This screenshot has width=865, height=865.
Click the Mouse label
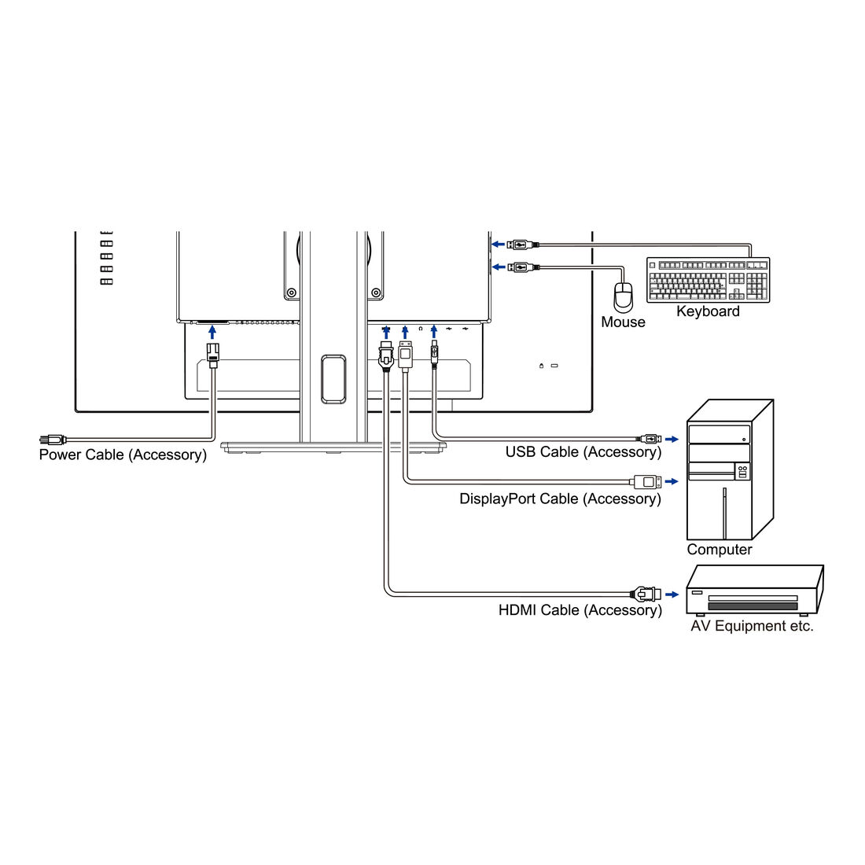623,322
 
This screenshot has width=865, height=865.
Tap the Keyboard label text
708,311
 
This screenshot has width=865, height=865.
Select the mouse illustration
624,296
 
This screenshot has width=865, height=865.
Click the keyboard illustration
708,280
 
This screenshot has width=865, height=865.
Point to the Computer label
719,550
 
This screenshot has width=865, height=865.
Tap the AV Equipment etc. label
752,626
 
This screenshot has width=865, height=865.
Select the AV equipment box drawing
753,591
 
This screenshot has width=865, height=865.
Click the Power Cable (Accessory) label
123,455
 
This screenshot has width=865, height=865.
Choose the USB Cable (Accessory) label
583,451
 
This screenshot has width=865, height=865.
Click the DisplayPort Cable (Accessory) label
560,499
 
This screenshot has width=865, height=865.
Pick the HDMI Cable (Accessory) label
580,610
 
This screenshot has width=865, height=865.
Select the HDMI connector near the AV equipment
642,594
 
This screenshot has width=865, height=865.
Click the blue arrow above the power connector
212,332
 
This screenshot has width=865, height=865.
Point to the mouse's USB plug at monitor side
521,267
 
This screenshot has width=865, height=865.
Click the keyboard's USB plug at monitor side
521,244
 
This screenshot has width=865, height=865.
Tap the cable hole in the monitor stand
333,379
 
